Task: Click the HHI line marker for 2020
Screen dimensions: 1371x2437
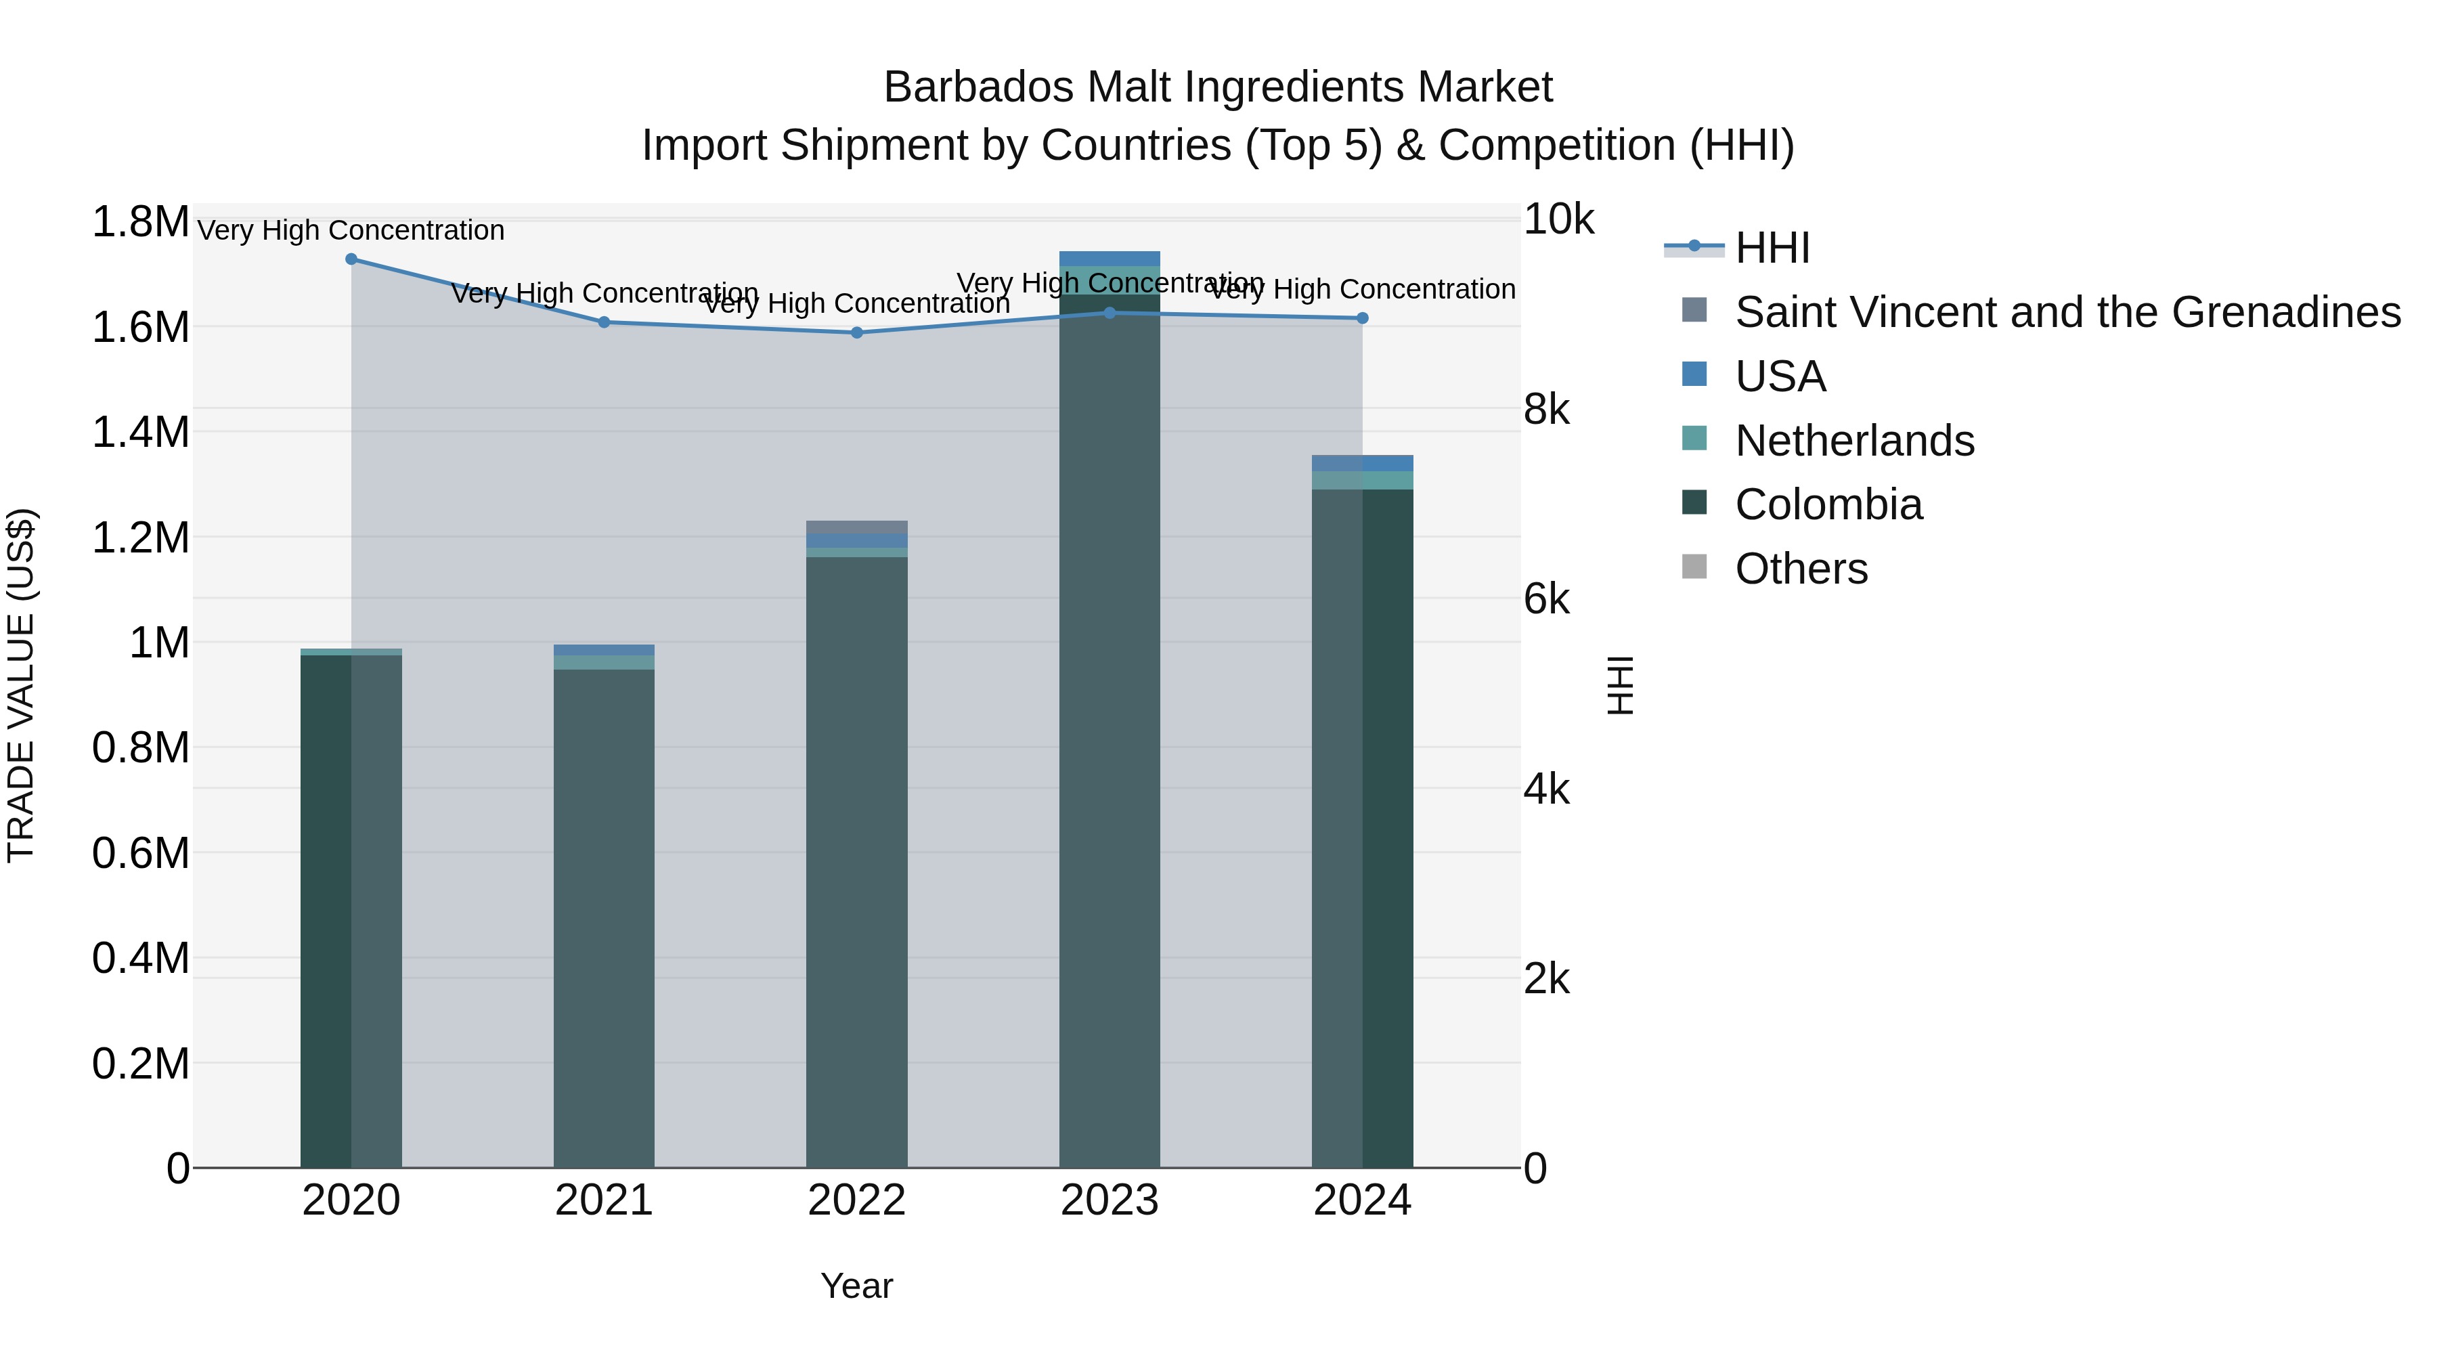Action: click(x=351, y=259)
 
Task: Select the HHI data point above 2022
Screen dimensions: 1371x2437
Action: click(x=857, y=332)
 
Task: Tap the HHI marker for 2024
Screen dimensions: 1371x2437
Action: click(x=1362, y=318)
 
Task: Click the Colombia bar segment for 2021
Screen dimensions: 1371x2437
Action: click(x=604, y=918)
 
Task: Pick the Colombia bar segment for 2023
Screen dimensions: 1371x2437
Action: click(x=1110, y=728)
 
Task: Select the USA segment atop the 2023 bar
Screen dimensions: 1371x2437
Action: click(x=1110, y=259)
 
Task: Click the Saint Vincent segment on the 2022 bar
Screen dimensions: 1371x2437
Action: click(x=857, y=527)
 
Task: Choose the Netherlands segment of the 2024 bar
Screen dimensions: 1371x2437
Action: click(x=1362, y=480)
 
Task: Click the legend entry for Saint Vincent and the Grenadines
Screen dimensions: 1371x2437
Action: click(x=2067, y=312)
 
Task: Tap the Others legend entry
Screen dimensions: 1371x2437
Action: click(x=1800, y=569)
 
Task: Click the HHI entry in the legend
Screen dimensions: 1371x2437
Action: click(x=1772, y=248)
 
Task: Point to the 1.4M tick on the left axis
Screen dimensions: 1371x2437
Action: click(x=140, y=433)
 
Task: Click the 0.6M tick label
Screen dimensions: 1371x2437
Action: click(x=140, y=852)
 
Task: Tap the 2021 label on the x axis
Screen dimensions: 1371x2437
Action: click(x=604, y=1200)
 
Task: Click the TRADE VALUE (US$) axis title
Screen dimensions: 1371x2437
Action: click(x=21, y=685)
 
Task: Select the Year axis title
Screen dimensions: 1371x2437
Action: click(x=857, y=1286)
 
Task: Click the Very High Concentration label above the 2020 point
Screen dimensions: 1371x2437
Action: click(x=351, y=231)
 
